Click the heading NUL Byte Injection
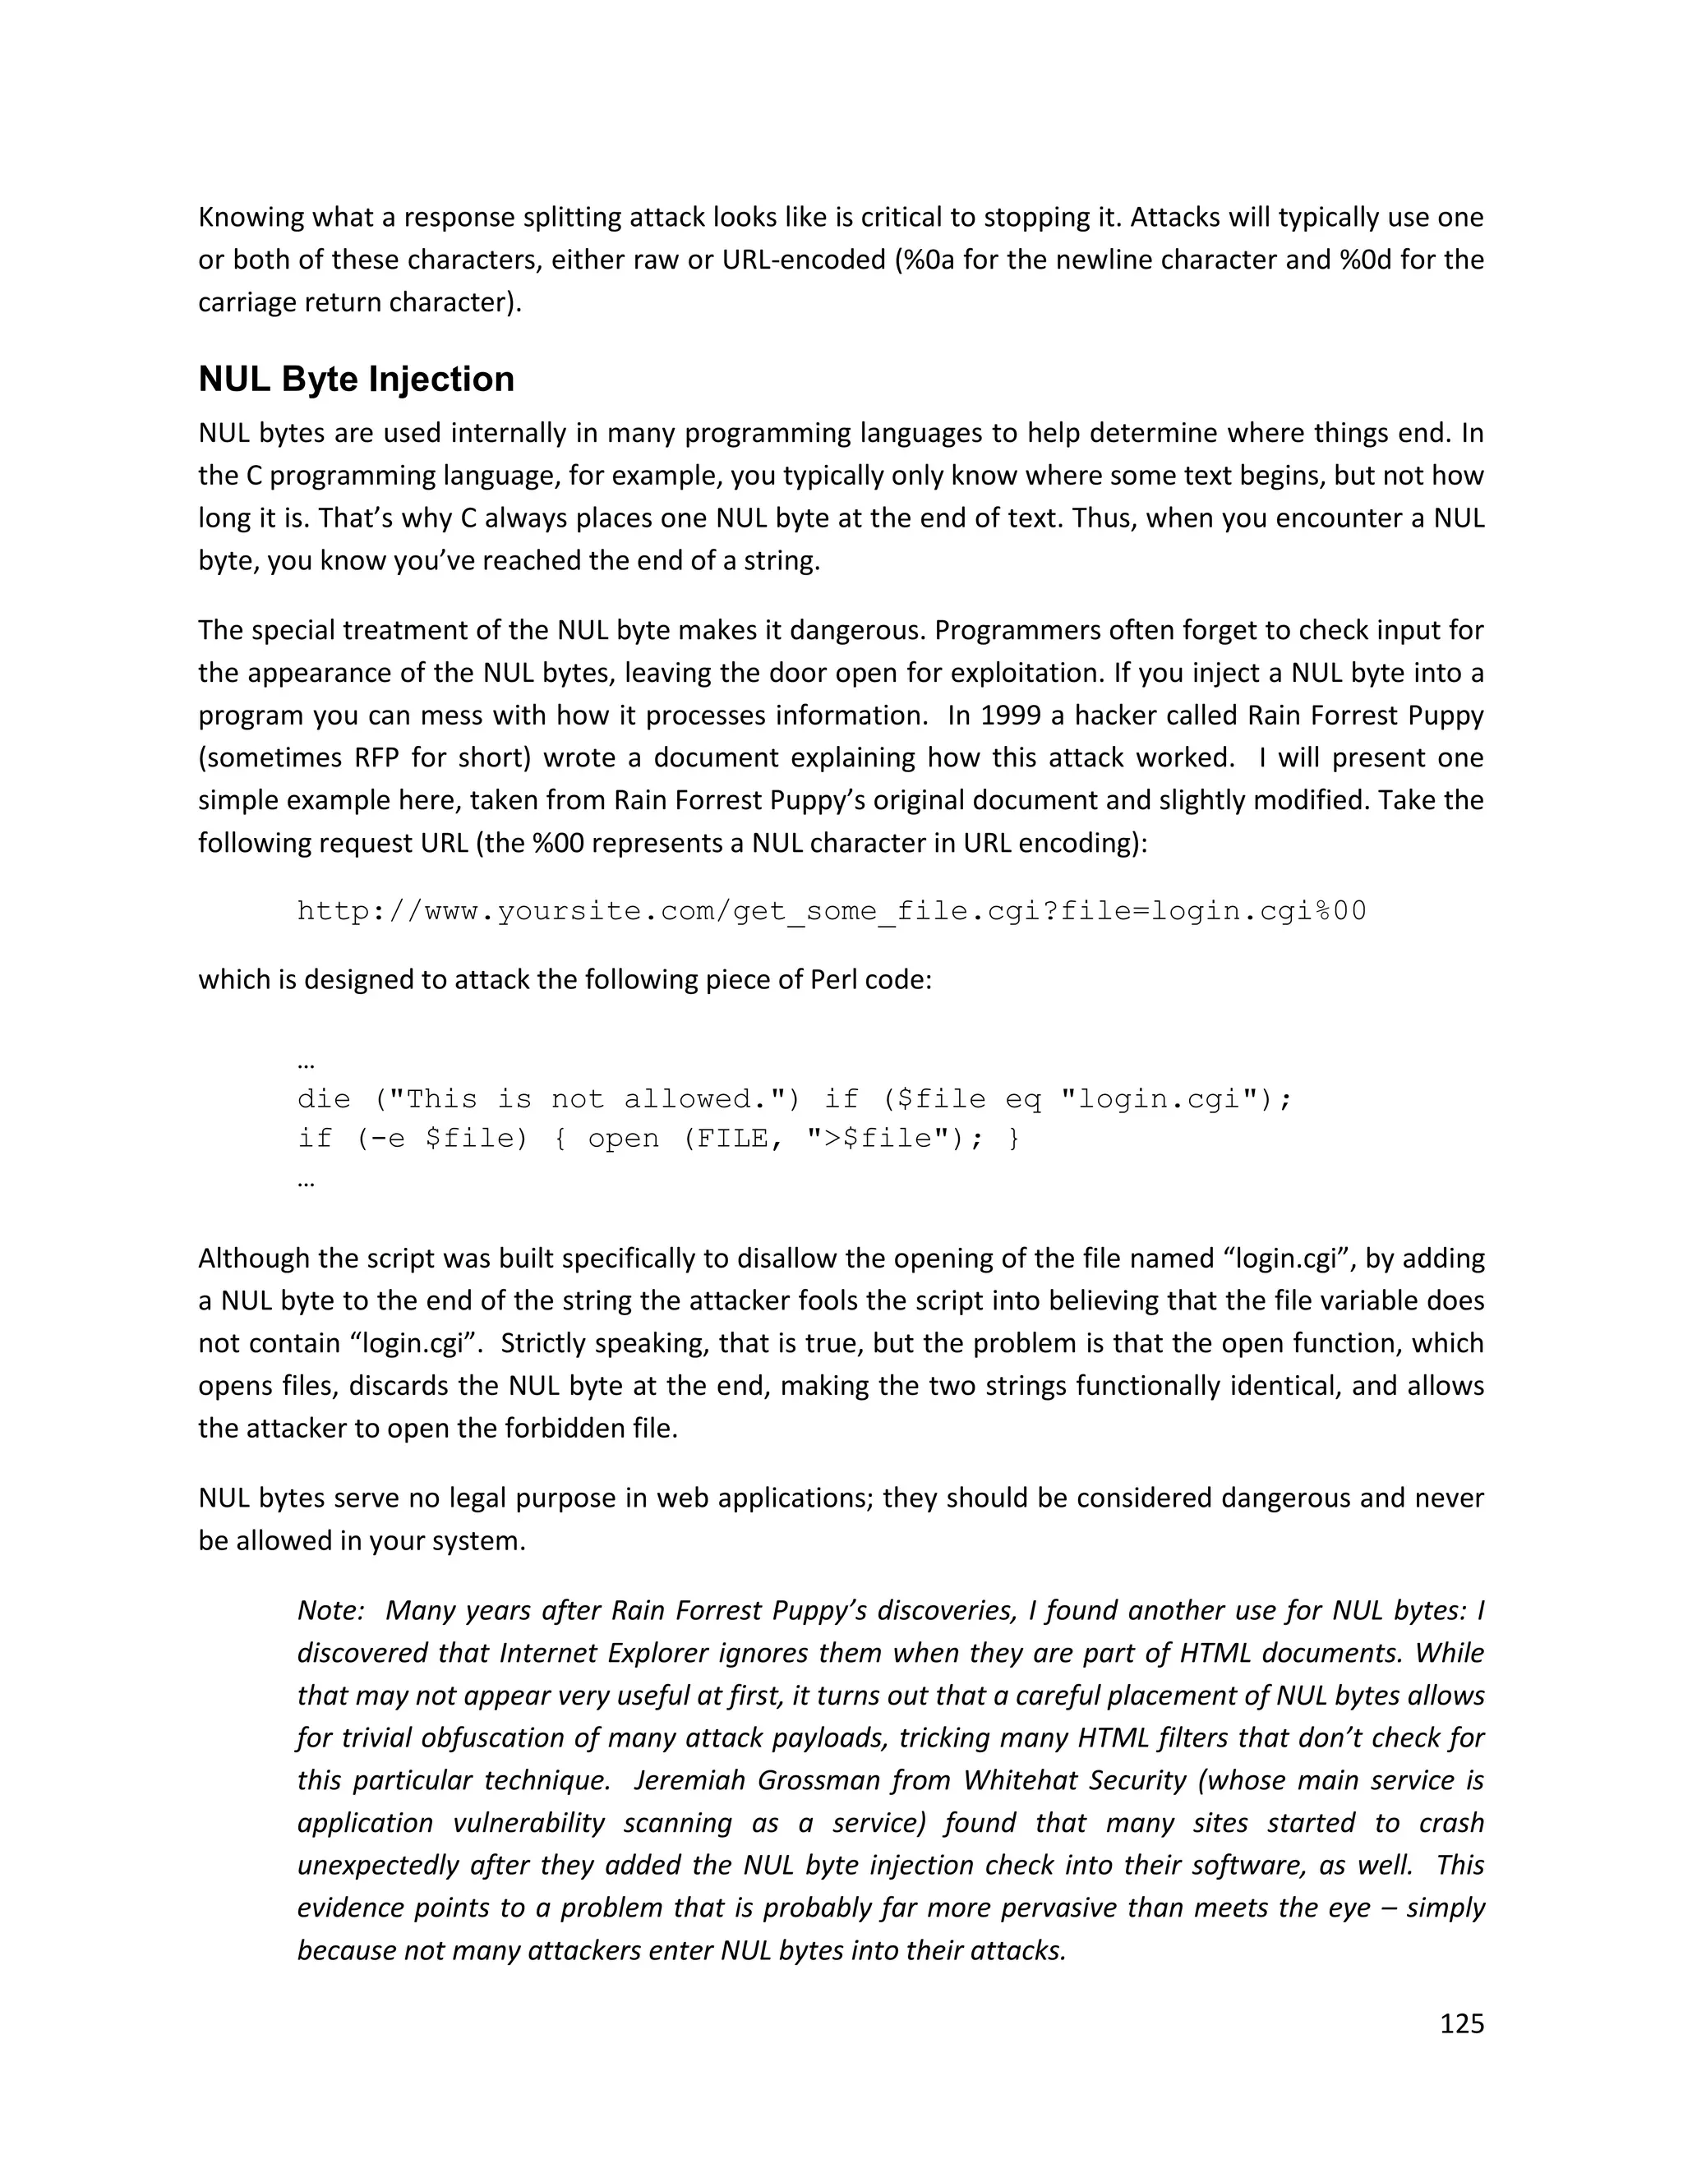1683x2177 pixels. coord(356,380)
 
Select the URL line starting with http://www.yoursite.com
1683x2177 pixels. coord(832,911)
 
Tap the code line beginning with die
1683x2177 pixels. coord(794,1099)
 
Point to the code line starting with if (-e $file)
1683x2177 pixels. coord(658,1139)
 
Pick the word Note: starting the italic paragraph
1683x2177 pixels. coord(330,1611)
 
